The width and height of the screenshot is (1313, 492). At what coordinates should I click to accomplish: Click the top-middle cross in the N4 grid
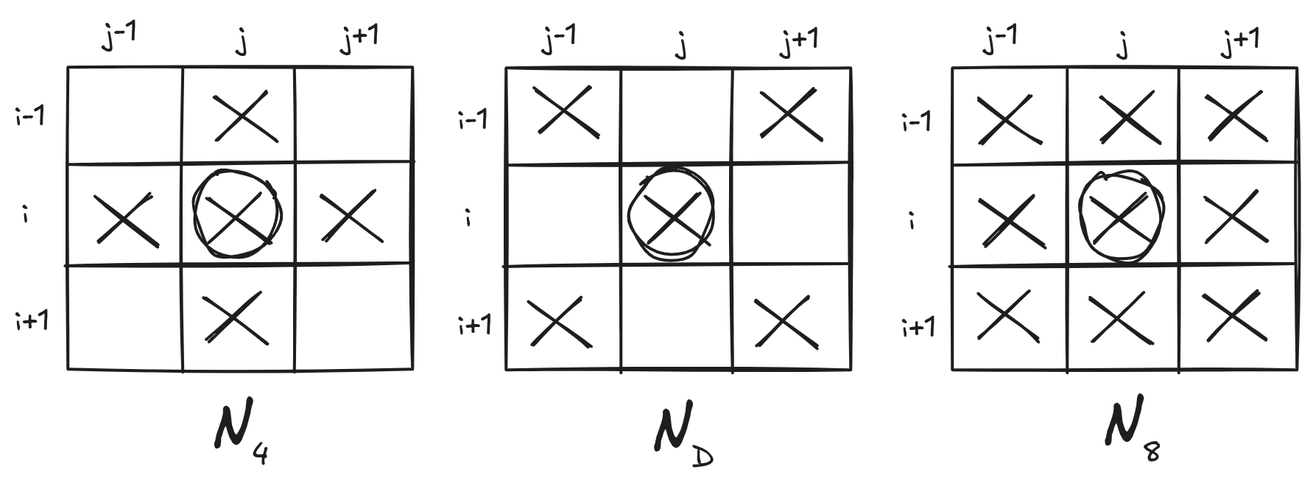[245, 116]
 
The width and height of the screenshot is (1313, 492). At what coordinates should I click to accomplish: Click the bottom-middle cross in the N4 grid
[233, 317]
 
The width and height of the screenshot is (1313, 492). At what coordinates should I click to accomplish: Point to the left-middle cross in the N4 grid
[124, 219]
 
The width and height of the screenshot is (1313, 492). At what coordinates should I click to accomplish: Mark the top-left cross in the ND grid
[563, 110]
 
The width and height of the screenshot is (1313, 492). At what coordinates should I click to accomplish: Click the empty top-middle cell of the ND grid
[676, 116]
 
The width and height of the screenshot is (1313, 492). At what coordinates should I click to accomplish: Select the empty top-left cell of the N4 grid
[125, 116]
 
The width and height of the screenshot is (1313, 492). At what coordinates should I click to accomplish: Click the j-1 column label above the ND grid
[558, 41]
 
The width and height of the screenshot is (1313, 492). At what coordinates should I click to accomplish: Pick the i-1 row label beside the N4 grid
[31, 116]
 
